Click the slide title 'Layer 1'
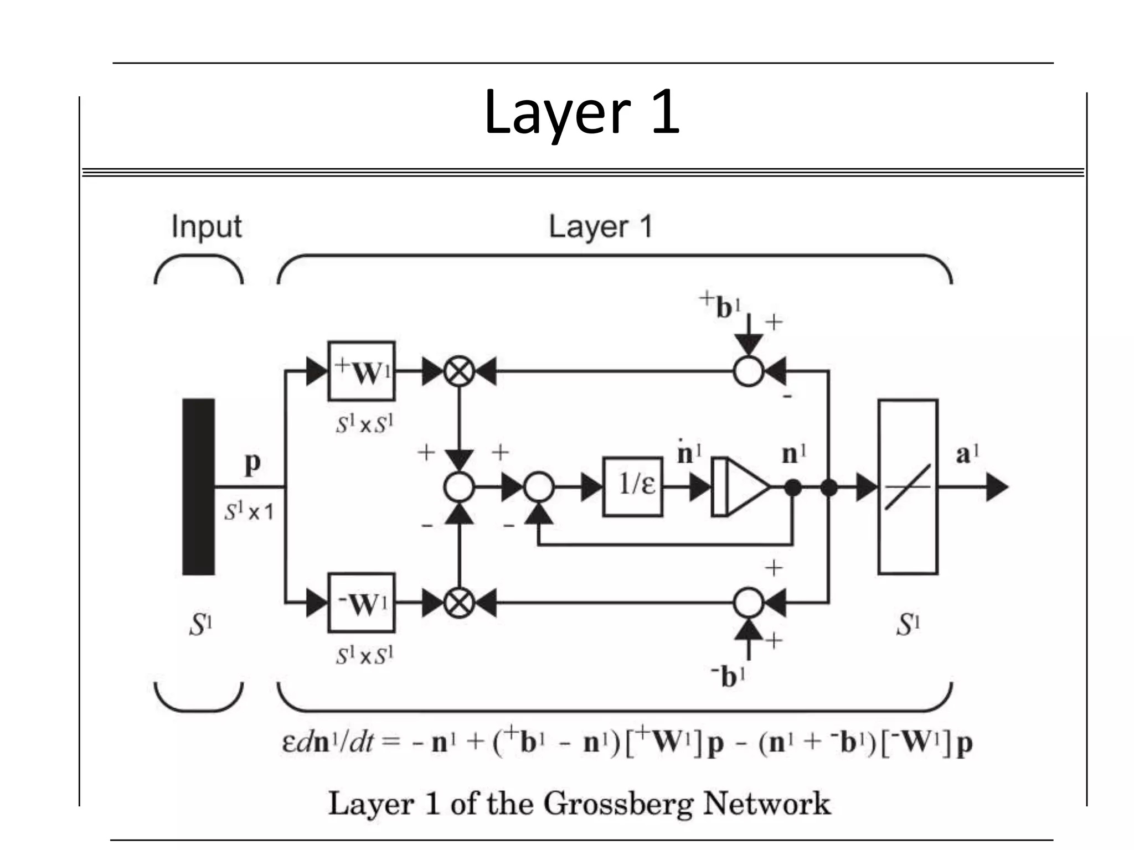(x=581, y=113)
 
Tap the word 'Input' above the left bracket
(x=206, y=227)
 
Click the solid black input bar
(x=198, y=487)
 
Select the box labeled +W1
(x=361, y=371)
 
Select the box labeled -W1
(x=361, y=603)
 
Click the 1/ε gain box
(x=633, y=487)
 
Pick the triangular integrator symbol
(x=742, y=487)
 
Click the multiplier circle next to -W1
(x=459, y=603)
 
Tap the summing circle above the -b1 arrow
(x=749, y=603)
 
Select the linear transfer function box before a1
(x=908, y=487)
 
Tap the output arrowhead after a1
(x=997, y=488)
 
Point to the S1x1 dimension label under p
(x=249, y=512)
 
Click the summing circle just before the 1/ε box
(x=539, y=487)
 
